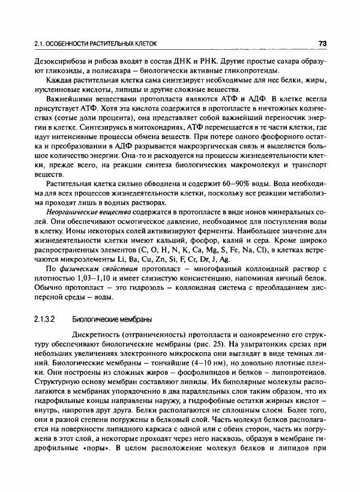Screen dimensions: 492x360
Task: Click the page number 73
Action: coord(322,43)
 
